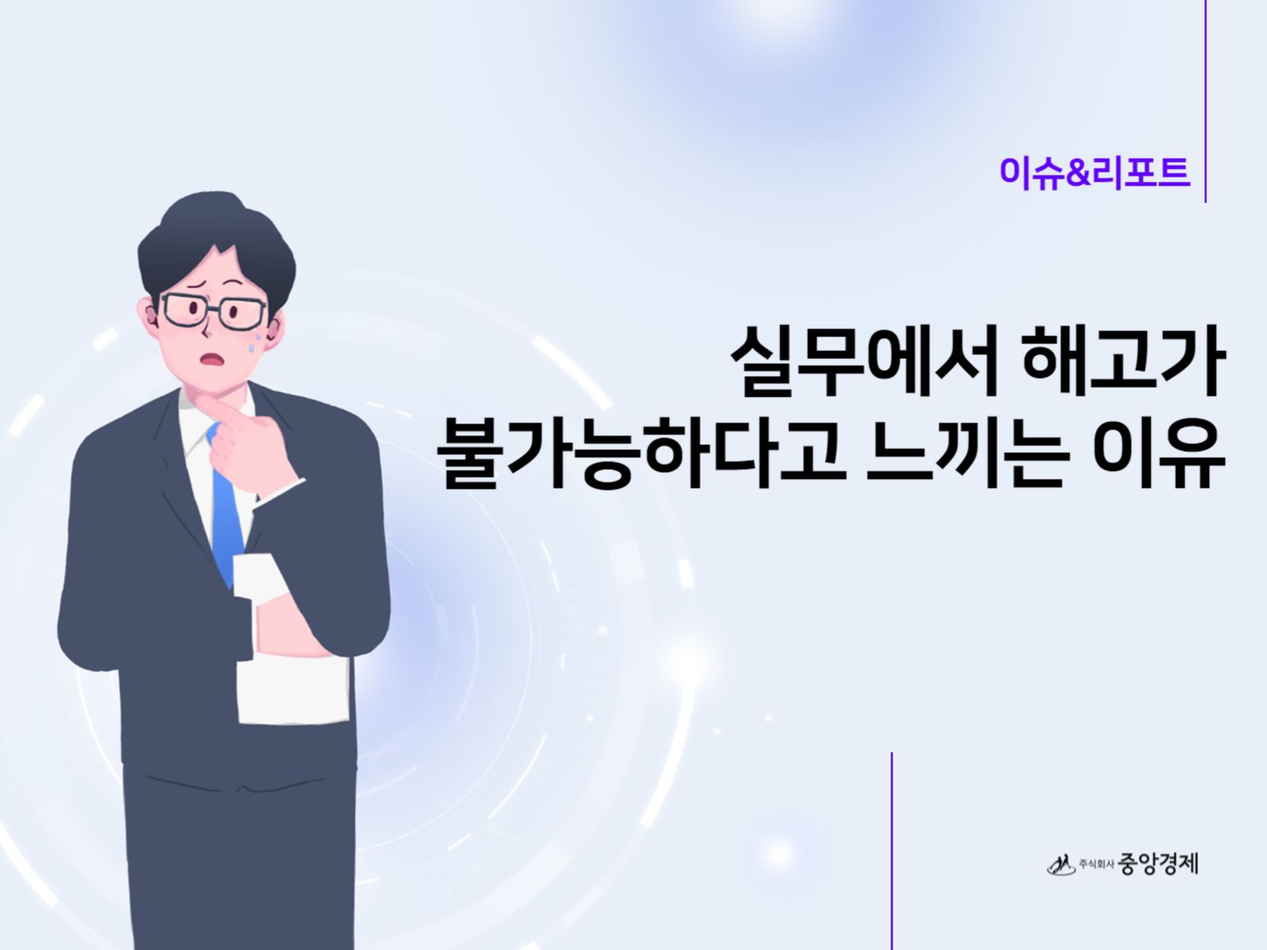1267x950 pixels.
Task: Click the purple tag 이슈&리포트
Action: click(1094, 172)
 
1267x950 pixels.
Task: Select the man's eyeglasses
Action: click(211, 310)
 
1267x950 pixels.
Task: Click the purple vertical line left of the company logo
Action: click(892, 851)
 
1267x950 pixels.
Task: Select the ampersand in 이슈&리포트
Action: click(1078, 173)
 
